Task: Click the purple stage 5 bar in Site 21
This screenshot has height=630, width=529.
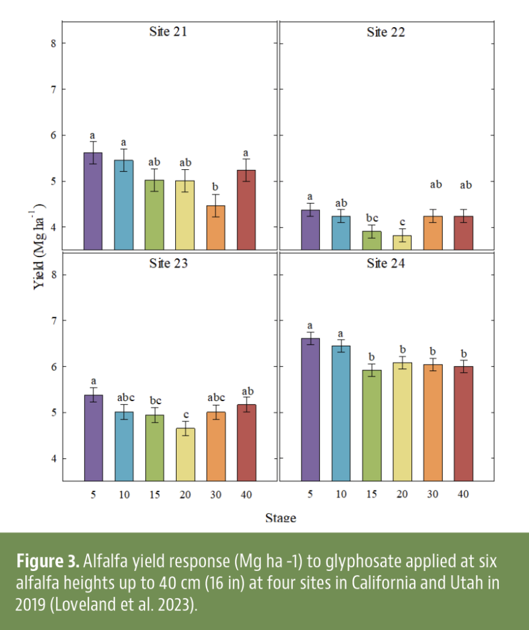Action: point(93,201)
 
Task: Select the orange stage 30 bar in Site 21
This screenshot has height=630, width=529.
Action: point(215,228)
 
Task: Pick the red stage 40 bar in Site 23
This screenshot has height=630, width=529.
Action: point(246,442)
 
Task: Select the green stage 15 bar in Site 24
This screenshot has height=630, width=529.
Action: point(372,425)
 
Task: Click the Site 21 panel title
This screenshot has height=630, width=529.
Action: point(168,32)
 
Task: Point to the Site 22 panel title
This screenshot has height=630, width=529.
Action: point(386,32)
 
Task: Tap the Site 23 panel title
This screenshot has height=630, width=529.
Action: point(168,263)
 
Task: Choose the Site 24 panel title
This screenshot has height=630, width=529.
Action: point(386,263)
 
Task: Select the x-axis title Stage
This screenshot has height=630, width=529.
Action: point(280,517)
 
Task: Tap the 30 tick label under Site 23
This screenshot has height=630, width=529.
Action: point(215,494)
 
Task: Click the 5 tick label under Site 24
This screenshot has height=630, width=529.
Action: point(311,494)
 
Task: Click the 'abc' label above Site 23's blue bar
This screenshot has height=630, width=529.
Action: point(124,397)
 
